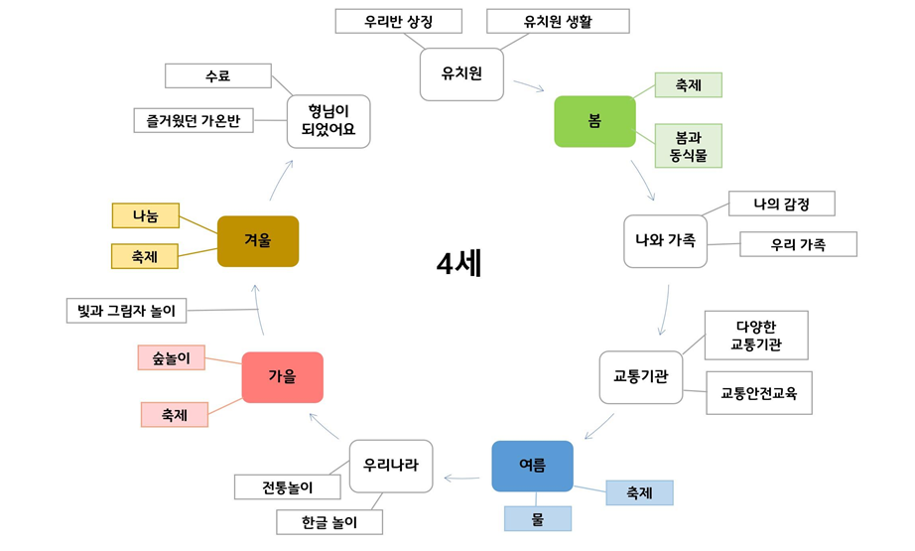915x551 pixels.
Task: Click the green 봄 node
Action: [593, 121]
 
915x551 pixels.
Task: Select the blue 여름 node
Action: [532, 466]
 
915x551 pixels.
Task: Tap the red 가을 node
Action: [282, 377]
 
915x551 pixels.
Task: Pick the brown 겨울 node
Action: [257, 241]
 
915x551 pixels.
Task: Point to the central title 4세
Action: [458, 264]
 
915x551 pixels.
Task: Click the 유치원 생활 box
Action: [557, 21]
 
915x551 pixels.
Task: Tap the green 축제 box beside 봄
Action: [688, 85]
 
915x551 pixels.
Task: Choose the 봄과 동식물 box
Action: [688, 146]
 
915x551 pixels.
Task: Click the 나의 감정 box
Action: [781, 204]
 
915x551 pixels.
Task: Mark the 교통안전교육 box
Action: [759, 393]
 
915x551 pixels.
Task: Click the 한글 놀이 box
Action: [328, 522]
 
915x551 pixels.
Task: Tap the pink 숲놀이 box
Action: [171, 357]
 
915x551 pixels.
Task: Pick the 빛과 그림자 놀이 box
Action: [125, 311]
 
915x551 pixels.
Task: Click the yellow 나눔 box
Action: [145, 214]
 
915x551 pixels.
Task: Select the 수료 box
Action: [217, 76]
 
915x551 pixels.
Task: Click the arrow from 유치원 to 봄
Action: [525, 86]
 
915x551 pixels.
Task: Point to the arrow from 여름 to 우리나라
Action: [461, 479]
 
